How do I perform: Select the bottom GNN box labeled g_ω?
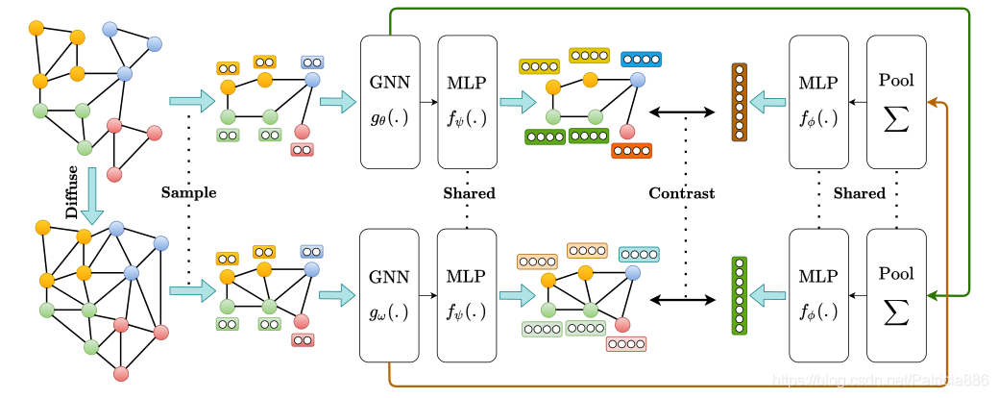pyautogui.click(x=390, y=292)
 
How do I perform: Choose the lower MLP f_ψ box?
pyautogui.click(x=467, y=292)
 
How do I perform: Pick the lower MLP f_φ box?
pyautogui.click(x=818, y=292)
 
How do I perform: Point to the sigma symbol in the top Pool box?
pyautogui.click(x=896, y=121)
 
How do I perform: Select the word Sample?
pyautogui.click(x=188, y=193)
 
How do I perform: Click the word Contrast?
pyautogui.click(x=682, y=193)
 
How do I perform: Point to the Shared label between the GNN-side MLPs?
pyautogui.click(x=469, y=193)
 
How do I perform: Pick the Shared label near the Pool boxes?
pyautogui.click(x=859, y=193)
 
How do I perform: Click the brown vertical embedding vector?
pyautogui.click(x=739, y=102)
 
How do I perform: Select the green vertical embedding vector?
pyautogui.click(x=739, y=295)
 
